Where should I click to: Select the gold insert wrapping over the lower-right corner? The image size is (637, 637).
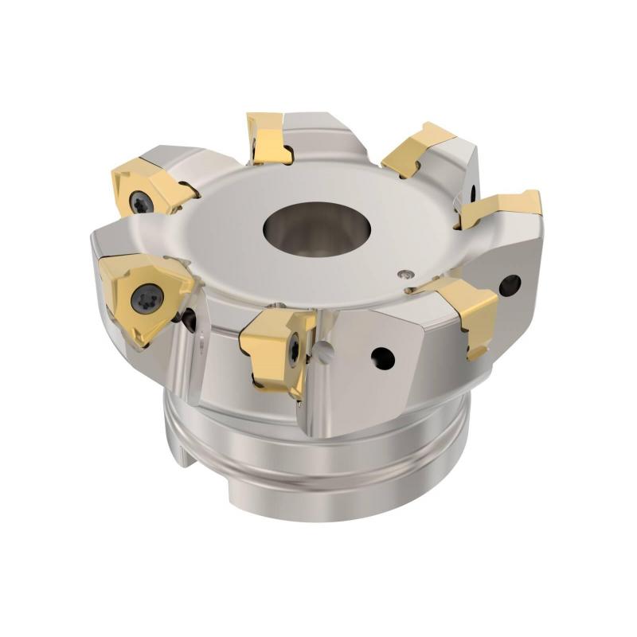(x=470, y=311)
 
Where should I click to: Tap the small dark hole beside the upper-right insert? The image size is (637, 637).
(x=473, y=190)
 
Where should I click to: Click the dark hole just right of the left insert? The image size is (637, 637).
(x=190, y=318)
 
